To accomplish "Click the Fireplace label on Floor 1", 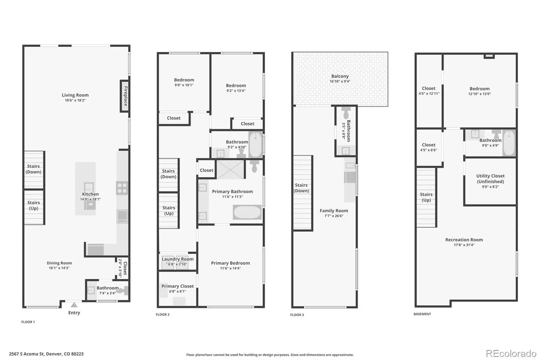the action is tap(126, 96).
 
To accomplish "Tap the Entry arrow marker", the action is tap(74, 305).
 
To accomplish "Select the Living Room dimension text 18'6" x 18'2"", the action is tap(75, 100).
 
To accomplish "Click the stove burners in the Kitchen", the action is tap(122, 188).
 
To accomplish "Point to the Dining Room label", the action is tap(59, 263).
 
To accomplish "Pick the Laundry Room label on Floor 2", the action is tap(178, 259).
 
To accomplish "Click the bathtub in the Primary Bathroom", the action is tap(247, 212).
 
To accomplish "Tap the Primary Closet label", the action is tap(178, 286).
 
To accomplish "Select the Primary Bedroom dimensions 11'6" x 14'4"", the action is tap(231, 268).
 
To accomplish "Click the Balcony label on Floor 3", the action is tap(340, 76).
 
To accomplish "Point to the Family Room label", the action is tap(334, 211).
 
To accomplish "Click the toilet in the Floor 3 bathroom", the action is tap(346, 113).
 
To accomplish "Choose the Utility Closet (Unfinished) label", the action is tap(490, 179).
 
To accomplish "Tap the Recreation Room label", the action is tap(464, 240).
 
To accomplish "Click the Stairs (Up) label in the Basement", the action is tap(426, 197).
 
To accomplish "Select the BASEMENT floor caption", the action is tap(422, 314).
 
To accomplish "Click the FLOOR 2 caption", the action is tap(163, 314).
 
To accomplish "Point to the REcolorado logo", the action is tap(511, 354).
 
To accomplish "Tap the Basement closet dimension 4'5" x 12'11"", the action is tap(429, 94).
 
